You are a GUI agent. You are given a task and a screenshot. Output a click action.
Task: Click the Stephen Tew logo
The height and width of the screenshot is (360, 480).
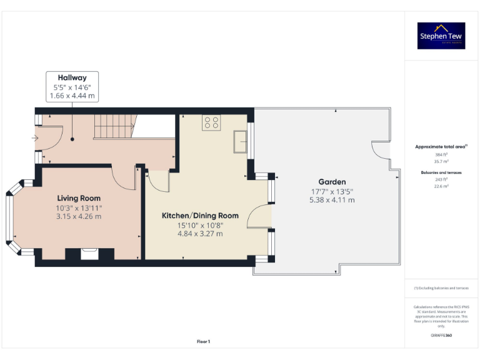441,36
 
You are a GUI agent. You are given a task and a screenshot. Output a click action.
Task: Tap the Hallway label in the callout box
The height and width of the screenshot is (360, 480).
72,78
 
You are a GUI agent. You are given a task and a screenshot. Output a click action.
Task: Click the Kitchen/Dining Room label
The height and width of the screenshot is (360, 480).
200,216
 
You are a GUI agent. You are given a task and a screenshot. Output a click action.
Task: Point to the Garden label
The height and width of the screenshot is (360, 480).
332,182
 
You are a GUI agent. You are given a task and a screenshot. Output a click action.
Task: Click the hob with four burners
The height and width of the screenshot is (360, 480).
211,122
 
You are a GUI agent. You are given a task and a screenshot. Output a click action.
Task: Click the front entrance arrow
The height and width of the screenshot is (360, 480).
35,138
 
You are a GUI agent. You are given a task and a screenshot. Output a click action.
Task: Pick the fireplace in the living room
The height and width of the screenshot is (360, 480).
89,253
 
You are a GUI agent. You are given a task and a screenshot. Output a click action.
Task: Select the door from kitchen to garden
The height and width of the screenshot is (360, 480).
259,217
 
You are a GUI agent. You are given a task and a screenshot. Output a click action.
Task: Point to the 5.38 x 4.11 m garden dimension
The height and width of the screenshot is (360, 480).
332,200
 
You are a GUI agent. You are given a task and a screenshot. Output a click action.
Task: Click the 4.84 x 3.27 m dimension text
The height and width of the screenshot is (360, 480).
200,234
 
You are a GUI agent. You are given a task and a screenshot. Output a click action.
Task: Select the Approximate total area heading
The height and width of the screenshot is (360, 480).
441,147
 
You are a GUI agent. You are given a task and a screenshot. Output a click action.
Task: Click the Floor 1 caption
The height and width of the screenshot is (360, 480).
203,341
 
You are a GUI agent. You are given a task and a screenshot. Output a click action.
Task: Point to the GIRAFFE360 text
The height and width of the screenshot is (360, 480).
441,336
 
